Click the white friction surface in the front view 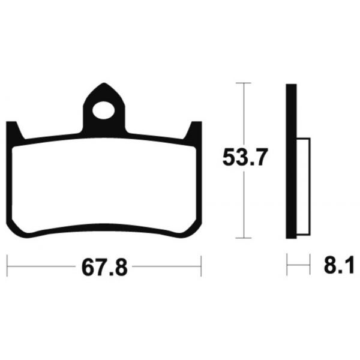click(105, 186)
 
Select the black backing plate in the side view click(290, 162)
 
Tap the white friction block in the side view click(302, 186)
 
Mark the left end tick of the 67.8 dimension click(7, 264)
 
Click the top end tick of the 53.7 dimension click(243, 82)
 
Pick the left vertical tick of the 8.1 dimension click(287, 264)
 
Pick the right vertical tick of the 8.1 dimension click(309, 264)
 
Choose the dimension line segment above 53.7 click(243, 114)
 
